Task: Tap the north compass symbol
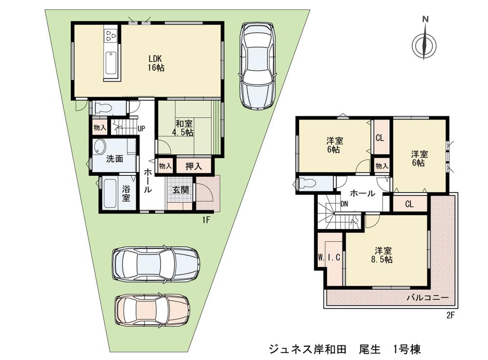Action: click(424, 44)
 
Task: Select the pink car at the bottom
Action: click(152, 310)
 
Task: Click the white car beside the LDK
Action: click(257, 67)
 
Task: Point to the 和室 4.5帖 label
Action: click(184, 128)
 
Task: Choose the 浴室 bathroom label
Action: click(126, 193)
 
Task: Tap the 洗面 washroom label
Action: click(114, 159)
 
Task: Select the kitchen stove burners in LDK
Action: click(111, 35)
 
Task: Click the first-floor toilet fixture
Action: click(104, 107)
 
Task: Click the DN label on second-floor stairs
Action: click(344, 204)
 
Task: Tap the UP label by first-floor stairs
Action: click(141, 129)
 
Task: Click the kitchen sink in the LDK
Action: click(111, 62)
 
